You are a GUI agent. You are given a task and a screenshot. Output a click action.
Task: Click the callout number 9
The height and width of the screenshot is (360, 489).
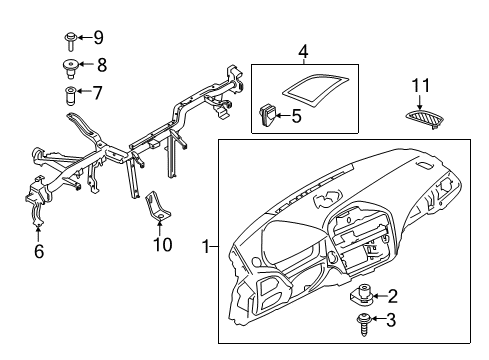[98, 37]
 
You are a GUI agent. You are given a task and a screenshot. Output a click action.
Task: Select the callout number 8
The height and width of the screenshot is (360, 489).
[102, 65]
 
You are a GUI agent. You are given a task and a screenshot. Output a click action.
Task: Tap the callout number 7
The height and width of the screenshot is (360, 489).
[97, 93]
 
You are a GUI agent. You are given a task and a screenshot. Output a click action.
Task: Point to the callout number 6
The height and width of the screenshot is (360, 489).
[39, 251]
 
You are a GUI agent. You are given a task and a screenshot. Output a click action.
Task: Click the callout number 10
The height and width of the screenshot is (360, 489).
[163, 244]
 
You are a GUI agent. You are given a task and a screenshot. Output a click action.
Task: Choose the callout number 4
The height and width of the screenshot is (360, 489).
[303, 52]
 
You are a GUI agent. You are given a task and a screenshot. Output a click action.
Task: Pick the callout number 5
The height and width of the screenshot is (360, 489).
[296, 116]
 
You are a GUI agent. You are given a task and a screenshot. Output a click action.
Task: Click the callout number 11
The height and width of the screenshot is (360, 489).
[421, 85]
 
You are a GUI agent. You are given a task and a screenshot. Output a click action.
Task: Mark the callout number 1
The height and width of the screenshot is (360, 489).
[206, 247]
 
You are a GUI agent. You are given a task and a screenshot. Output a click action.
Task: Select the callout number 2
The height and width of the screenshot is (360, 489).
[393, 296]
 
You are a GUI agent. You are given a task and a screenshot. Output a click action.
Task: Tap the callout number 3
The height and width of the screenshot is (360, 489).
[391, 320]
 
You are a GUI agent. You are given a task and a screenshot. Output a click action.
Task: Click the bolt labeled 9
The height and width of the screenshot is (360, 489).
[70, 41]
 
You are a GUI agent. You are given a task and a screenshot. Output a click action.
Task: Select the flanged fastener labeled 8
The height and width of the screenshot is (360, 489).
[70, 68]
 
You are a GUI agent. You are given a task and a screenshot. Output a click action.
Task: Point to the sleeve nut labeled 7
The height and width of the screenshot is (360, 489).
[70, 96]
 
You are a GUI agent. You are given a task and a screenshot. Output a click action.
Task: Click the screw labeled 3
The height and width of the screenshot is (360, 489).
[364, 324]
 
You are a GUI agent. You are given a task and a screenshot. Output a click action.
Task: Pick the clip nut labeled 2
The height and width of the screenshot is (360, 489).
[363, 294]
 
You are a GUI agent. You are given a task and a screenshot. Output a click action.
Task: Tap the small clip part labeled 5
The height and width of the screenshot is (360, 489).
[267, 115]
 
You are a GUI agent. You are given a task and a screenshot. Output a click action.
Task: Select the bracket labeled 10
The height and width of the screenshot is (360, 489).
[157, 206]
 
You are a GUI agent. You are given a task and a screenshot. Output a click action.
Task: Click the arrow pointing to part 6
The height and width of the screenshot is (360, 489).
[38, 233]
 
